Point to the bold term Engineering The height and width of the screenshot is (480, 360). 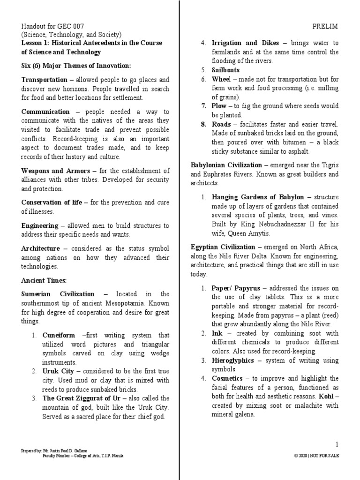[40, 225]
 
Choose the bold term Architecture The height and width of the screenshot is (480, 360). [41, 248]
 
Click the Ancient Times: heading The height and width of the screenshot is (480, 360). [45, 280]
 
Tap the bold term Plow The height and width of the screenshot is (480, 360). [219, 106]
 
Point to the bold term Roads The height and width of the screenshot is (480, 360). [221, 124]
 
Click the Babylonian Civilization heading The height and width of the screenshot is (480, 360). [226, 165]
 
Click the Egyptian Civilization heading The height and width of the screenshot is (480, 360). [223, 247]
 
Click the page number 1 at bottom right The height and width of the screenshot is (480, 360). [337, 444]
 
